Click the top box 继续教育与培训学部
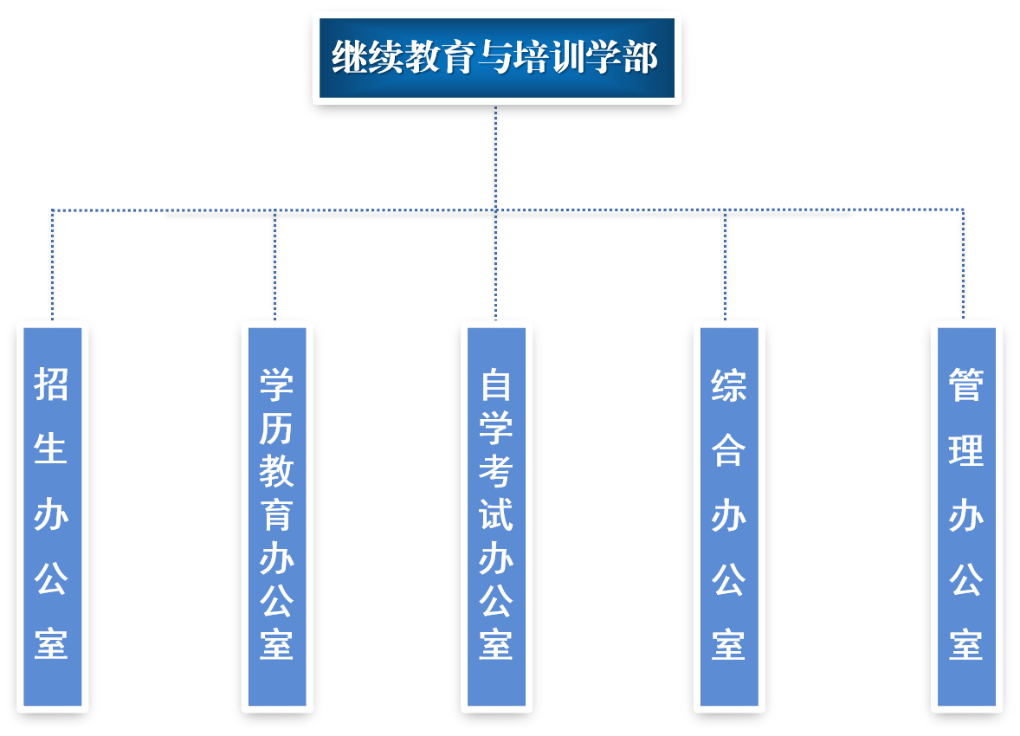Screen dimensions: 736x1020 click(x=496, y=58)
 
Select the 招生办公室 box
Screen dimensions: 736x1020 click(x=52, y=516)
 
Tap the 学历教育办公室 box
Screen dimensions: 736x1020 click(x=277, y=516)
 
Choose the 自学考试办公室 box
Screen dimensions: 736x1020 click(x=496, y=516)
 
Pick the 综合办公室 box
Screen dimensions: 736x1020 click(x=729, y=516)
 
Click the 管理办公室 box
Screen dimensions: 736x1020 click(x=966, y=516)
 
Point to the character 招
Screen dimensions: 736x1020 click(x=52, y=384)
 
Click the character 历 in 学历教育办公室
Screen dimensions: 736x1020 click(x=277, y=427)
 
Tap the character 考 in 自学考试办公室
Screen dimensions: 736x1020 click(x=496, y=471)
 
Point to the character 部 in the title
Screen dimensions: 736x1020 click(x=640, y=59)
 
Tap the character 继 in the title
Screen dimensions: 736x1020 click(x=349, y=59)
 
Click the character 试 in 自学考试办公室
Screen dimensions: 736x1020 click(x=496, y=514)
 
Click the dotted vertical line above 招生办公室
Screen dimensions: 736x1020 click(x=53, y=264)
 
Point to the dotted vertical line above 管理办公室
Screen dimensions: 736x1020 click(x=964, y=264)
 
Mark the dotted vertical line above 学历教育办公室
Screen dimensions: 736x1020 click(x=275, y=264)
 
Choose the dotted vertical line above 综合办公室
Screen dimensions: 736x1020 click(x=726, y=264)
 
